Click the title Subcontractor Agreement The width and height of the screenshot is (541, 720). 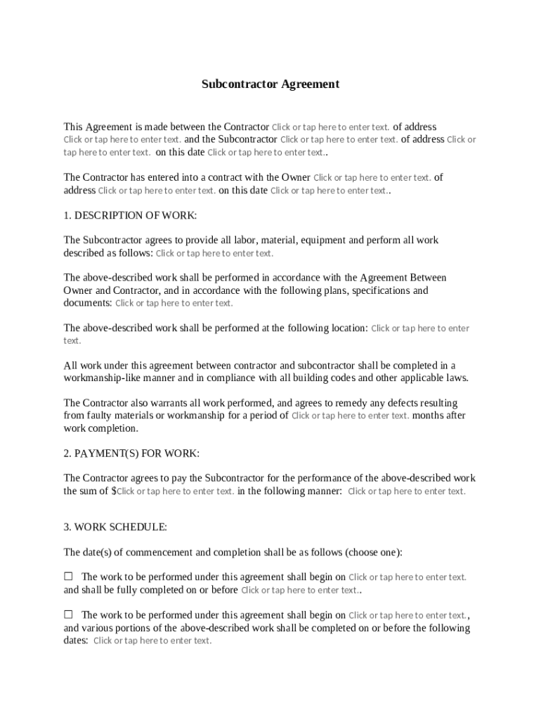tap(270, 84)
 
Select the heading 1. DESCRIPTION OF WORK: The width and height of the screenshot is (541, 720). tap(130, 215)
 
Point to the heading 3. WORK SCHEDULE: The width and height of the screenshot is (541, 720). tap(115, 527)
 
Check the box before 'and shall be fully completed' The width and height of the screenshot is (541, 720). tap(69, 577)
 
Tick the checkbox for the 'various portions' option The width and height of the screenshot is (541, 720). tap(69, 615)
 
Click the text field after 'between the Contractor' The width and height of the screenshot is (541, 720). tap(330, 127)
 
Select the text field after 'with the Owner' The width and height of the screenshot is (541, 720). tap(372, 178)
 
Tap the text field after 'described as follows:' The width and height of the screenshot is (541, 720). tap(214, 253)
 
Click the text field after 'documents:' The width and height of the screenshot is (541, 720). tap(174, 304)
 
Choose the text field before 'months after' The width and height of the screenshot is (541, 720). tap(350, 416)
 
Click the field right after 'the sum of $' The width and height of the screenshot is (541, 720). tap(176, 491)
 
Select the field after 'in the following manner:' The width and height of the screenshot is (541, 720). tap(406, 491)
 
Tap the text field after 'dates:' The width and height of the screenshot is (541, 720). tap(152, 641)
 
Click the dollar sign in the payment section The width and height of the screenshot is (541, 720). tap(114, 491)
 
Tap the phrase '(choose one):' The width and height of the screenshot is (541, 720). tap(377, 553)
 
